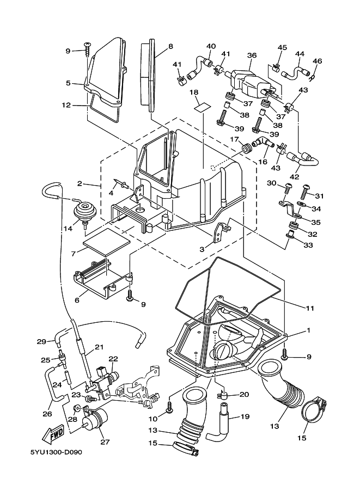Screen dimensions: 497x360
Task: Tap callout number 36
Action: [252, 56]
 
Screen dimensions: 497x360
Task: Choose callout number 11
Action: [310, 309]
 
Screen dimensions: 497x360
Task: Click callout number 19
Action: [245, 417]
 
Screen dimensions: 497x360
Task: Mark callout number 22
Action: [113, 359]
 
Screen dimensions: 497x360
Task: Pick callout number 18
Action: [194, 93]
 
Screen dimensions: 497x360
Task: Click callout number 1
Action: [309, 330]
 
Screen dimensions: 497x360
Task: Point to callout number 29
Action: [41, 341]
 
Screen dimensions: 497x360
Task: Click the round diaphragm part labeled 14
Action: [85, 211]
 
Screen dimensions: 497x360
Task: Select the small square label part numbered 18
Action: [202, 105]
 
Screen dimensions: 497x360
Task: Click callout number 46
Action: [318, 61]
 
